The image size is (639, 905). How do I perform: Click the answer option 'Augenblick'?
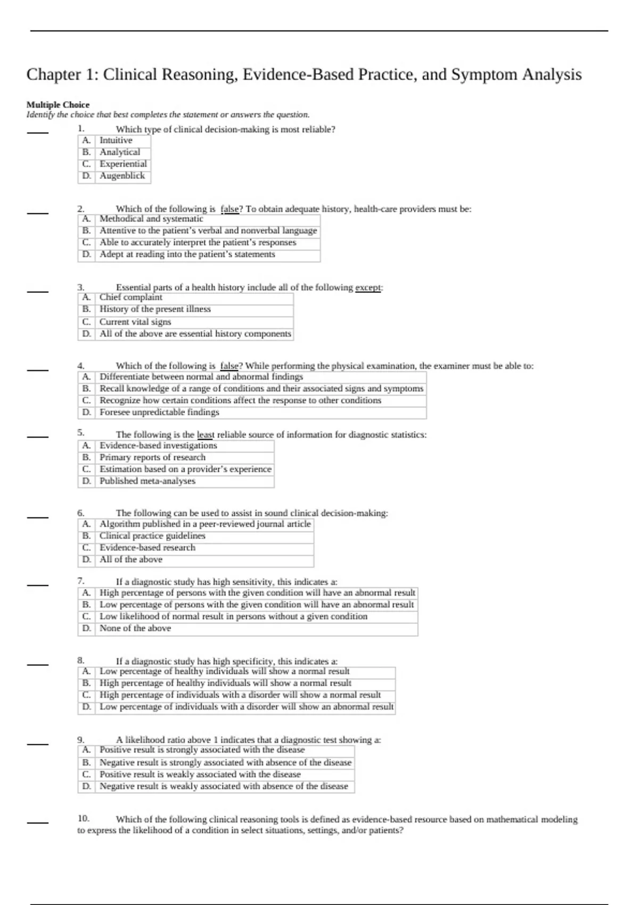tap(122, 176)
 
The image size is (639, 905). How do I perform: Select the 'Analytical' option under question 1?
tap(120, 152)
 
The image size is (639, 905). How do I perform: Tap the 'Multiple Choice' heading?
tap(58, 105)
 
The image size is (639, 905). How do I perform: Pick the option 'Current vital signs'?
tap(135, 322)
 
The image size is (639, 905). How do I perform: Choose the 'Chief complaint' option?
tap(130, 298)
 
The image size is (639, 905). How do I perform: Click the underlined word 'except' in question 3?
tap(368, 287)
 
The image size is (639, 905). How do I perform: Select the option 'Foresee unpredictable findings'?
tap(159, 413)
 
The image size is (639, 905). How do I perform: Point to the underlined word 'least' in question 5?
tap(205, 435)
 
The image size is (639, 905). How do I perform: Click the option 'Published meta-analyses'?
tap(148, 481)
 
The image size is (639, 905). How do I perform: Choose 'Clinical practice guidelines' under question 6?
tap(152, 536)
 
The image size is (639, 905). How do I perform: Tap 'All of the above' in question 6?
tap(131, 560)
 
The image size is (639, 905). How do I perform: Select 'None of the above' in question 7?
tap(135, 629)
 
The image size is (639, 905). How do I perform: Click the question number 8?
tap(81, 661)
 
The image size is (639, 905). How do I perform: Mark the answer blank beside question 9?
tap(38, 744)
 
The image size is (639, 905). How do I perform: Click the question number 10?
tap(83, 819)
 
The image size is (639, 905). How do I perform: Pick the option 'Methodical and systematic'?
tap(151, 219)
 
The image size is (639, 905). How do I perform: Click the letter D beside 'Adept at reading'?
tap(86, 254)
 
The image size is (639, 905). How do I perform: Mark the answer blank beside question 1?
tap(38, 133)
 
